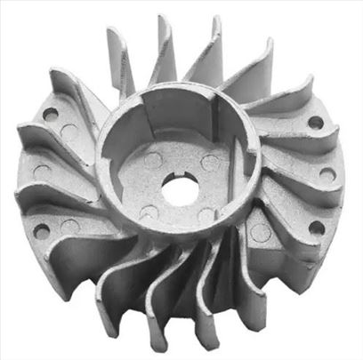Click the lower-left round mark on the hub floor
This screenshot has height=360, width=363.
pos(148,212)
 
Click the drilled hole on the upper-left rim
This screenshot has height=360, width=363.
pos(52,114)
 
